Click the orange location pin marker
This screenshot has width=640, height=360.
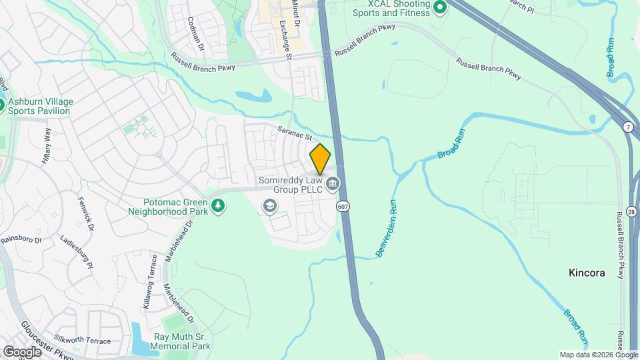tap(321, 159)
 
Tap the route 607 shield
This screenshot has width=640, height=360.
tap(343, 206)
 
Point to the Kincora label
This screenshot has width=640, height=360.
tap(586, 273)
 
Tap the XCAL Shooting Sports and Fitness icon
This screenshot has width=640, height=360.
tap(439, 7)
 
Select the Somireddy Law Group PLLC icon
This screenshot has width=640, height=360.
tap(332, 183)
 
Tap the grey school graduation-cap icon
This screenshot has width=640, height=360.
tap(269, 206)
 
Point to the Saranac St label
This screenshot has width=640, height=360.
tap(295, 133)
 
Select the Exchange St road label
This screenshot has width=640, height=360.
tap(286, 40)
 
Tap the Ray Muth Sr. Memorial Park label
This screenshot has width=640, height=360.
tap(181, 341)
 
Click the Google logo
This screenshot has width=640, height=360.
tap(22, 351)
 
